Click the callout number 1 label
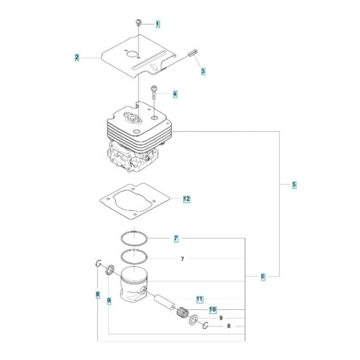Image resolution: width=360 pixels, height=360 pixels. click(158, 24)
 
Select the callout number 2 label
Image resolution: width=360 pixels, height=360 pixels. click(76, 57)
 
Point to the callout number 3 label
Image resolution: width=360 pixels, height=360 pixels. click(203, 71)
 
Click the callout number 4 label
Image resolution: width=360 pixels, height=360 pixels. click(175, 94)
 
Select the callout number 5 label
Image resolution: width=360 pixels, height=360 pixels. click(294, 184)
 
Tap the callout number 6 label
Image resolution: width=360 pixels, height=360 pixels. click(263, 276)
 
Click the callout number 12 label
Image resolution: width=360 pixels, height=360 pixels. click(186, 199)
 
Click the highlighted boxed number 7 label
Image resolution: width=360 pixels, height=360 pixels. click(176, 239)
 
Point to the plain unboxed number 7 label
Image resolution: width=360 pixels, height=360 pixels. click(182, 259)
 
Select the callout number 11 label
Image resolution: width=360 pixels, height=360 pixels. click(200, 299)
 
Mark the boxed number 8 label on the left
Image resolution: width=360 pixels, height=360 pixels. click(98, 295)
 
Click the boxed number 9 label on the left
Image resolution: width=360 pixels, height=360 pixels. click(109, 300)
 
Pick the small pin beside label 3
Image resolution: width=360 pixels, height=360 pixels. click(193, 55)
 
